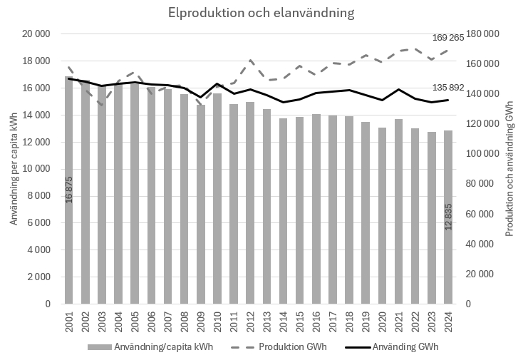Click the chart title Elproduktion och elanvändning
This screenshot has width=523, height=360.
click(261, 14)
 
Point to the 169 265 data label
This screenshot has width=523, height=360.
click(448, 38)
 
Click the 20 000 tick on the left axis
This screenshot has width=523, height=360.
click(35, 34)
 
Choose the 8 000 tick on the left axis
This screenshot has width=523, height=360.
click(38, 196)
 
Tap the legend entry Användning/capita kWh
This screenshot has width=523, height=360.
click(166, 347)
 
